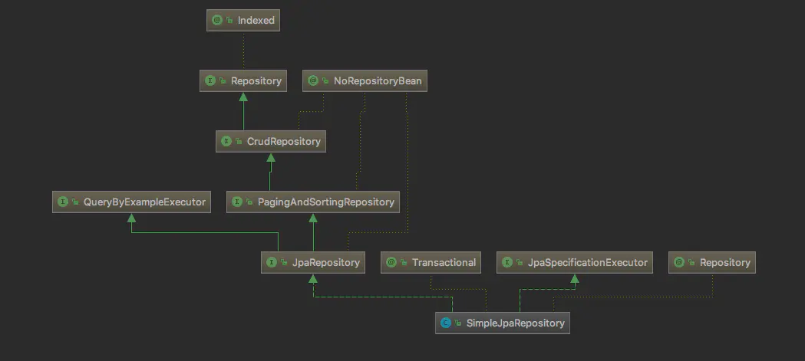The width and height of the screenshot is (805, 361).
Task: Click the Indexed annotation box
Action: point(242,21)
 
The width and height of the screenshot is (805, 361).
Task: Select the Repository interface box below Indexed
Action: point(242,80)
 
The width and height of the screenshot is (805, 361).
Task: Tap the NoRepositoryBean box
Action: point(364,80)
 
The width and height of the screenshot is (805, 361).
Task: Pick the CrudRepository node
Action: point(270,142)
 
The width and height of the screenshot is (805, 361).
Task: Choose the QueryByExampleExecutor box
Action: point(131,202)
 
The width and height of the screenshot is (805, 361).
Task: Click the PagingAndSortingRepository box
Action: point(313,202)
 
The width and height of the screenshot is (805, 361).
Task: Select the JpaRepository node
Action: point(312,262)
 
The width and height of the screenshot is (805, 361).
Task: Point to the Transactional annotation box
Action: point(432,262)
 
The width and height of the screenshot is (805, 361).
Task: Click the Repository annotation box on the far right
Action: point(712,262)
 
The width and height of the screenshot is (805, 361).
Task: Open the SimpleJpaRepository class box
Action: point(503,323)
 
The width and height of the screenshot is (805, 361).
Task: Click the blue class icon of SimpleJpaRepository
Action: point(445,323)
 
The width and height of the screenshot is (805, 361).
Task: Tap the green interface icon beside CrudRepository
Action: point(226,142)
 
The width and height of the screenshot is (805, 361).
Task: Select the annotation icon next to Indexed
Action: point(217,21)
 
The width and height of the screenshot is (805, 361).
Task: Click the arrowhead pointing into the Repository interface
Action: point(243,96)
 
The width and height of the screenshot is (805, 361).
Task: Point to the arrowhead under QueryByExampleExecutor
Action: point(131,218)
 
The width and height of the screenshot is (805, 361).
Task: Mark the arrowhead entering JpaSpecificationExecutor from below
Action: point(575,277)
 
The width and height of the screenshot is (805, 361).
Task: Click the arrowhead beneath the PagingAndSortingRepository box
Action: point(313,218)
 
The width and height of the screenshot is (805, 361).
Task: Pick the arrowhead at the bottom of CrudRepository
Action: point(270,157)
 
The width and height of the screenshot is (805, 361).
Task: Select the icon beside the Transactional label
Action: point(392,262)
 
